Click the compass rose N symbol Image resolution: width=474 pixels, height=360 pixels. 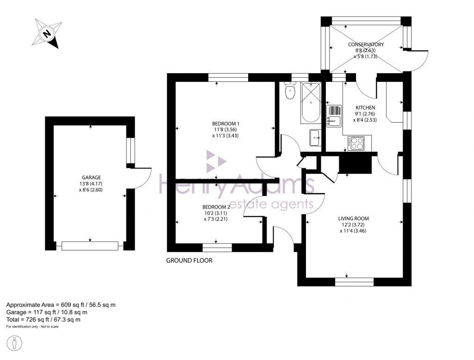point(46,33)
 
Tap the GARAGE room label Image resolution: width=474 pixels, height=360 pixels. point(91,177)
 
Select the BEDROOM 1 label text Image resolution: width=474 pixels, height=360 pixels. point(225,124)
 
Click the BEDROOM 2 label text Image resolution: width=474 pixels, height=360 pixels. point(216,207)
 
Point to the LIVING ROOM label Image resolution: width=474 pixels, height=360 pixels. point(354,218)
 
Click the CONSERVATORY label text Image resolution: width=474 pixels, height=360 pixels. point(366,44)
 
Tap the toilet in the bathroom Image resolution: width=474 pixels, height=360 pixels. point(290,91)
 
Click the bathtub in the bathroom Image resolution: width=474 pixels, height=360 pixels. point(311,103)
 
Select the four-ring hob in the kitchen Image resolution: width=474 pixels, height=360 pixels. point(356,143)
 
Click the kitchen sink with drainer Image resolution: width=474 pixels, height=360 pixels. point(334,116)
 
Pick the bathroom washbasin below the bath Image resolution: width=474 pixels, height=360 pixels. point(316,138)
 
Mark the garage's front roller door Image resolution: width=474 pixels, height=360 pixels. point(90,246)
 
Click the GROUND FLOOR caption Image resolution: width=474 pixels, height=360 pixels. point(189,261)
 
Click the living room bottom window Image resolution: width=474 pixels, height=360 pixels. point(354,282)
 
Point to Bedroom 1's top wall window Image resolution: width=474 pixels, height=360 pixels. point(220,77)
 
